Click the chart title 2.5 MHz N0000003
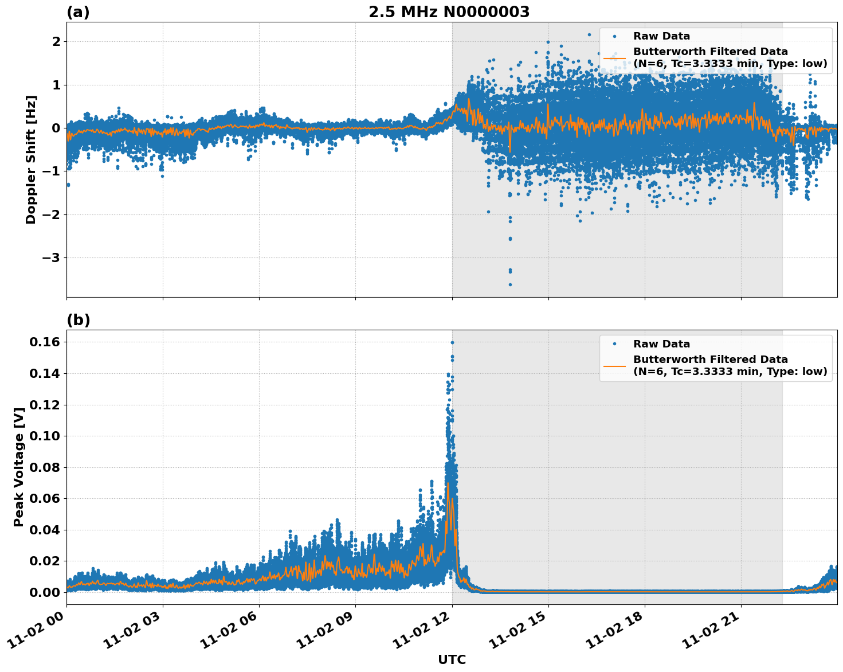[x=449, y=12]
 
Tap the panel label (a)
[x=78, y=12]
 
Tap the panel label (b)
[x=78, y=320]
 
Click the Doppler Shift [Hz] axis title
[x=31, y=159]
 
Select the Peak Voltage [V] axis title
[x=19, y=467]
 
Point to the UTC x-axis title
[x=452, y=659]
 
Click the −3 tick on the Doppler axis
[x=51, y=257]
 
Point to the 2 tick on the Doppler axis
[x=56, y=41]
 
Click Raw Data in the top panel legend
[x=661, y=36]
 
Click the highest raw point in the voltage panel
[x=452, y=342]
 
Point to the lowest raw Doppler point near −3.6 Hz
[x=510, y=284]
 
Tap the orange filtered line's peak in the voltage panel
[x=448, y=483]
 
